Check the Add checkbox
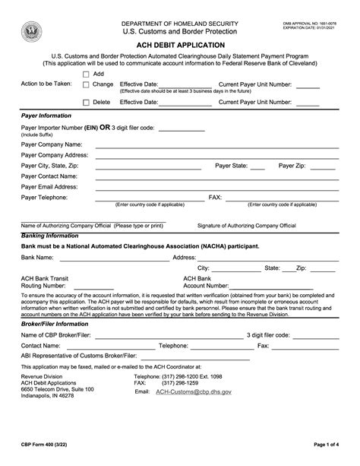tap(86, 74)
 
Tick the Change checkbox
tap(86, 85)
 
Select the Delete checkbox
tap(86, 101)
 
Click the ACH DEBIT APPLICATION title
tap(180, 46)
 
